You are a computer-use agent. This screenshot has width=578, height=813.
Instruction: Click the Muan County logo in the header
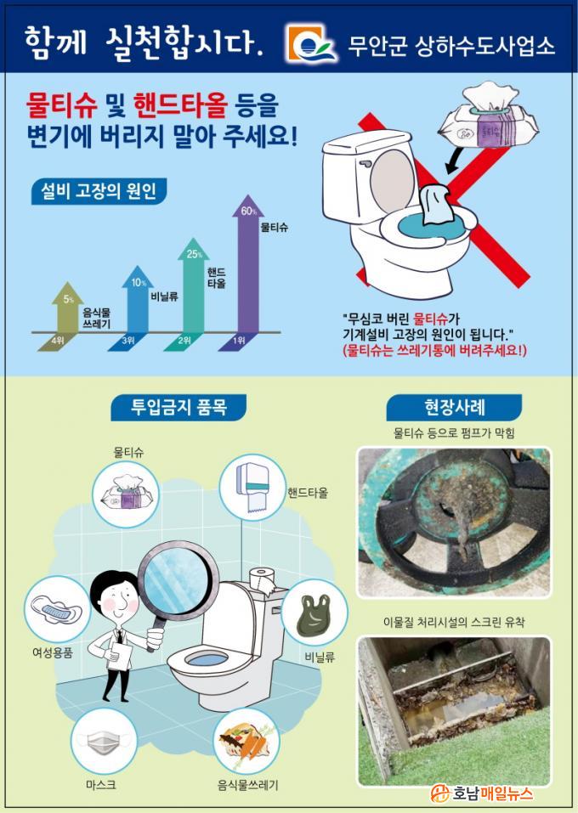(x=311, y=45)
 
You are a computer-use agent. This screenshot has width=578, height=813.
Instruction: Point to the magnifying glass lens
(x=175, y=579)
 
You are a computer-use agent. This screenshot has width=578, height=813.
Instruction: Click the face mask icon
(x=103, y=742)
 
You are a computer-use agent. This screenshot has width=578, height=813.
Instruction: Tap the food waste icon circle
(x=246, y=742)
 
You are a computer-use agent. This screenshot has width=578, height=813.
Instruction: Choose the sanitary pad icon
(x=57, y=610)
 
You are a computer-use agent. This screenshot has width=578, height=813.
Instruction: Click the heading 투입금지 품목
(x=178, y=406)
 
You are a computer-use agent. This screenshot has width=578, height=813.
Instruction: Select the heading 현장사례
(x=454, y=407)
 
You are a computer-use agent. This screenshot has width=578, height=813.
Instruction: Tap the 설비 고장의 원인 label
(x=99, y=191)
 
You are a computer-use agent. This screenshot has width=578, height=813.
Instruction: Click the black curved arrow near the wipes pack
(x=454, y=159)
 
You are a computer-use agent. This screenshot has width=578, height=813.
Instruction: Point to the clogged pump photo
(x=454, y=522)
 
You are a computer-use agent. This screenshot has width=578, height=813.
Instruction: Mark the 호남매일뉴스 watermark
(x=482, y=793)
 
